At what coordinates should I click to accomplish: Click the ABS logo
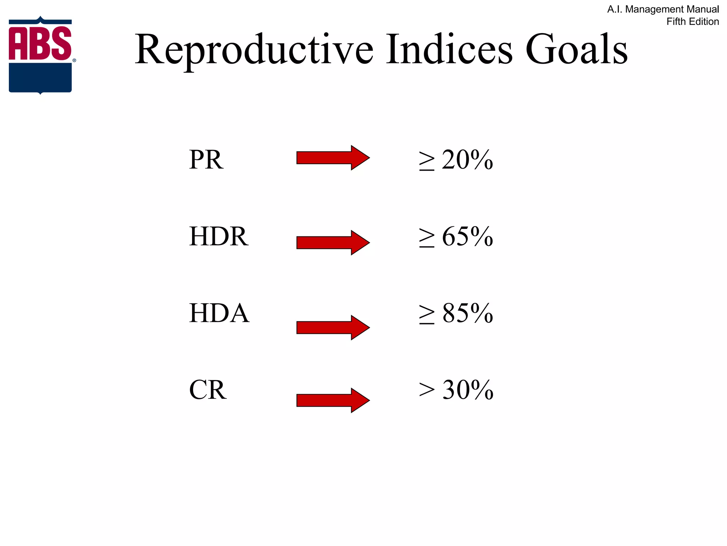click(40, 55)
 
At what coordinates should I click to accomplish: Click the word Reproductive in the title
click(254, 50)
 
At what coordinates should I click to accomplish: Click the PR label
click(206, 160)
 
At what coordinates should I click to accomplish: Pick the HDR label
click(219, 236)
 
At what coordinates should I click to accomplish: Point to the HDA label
click(219, 313)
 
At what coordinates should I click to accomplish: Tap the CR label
click(208, 390)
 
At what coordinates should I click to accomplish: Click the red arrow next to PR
click(333, 157)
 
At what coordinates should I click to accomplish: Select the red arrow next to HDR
click(333, 242)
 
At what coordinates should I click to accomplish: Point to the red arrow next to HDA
click(333, 327)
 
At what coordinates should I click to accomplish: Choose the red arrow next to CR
click(333, 400)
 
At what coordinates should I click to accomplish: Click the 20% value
click(467, 160)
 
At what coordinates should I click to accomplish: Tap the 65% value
click(467, 236)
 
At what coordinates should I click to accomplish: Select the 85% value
click(467, 313)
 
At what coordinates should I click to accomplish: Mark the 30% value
click(468, 390)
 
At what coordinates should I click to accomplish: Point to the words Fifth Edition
click(693, 22)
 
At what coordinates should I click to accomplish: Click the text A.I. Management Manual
click(663, 9)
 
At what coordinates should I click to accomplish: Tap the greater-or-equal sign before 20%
click(426, 161)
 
